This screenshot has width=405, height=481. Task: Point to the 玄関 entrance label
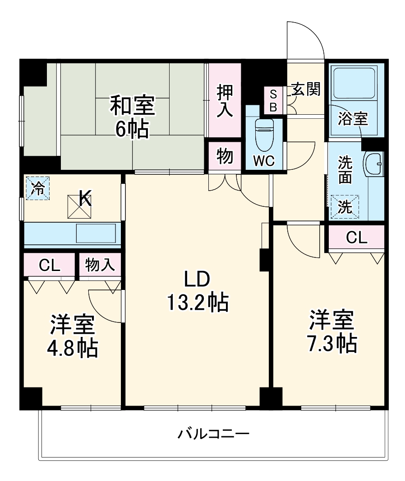coord(305,89)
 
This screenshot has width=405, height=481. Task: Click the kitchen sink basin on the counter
coord(95,233)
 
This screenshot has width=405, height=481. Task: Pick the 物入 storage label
coord(100,265)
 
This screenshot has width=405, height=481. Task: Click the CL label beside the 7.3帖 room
coord(357,238)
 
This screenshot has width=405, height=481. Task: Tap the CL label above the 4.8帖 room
coord(49,265)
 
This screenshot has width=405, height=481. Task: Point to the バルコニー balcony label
coord(213,434)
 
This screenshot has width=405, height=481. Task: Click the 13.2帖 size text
coord(197,302)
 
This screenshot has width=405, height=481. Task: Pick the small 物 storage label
coord(225,156)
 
